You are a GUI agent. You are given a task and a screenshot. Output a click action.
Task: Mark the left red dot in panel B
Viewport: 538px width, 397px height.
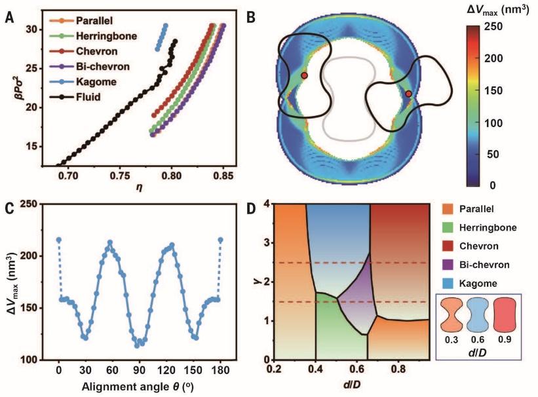tap(304, 76)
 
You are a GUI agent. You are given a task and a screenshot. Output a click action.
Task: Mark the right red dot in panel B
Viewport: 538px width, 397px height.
tap(408, 94)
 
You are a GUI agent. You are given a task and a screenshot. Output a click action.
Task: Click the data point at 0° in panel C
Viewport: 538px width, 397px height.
tap(58, 240)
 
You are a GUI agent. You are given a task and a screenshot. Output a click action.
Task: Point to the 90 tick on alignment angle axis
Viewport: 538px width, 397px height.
tap(139, 370)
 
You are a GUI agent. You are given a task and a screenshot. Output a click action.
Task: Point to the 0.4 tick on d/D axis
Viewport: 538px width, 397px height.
tap(315, 369)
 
